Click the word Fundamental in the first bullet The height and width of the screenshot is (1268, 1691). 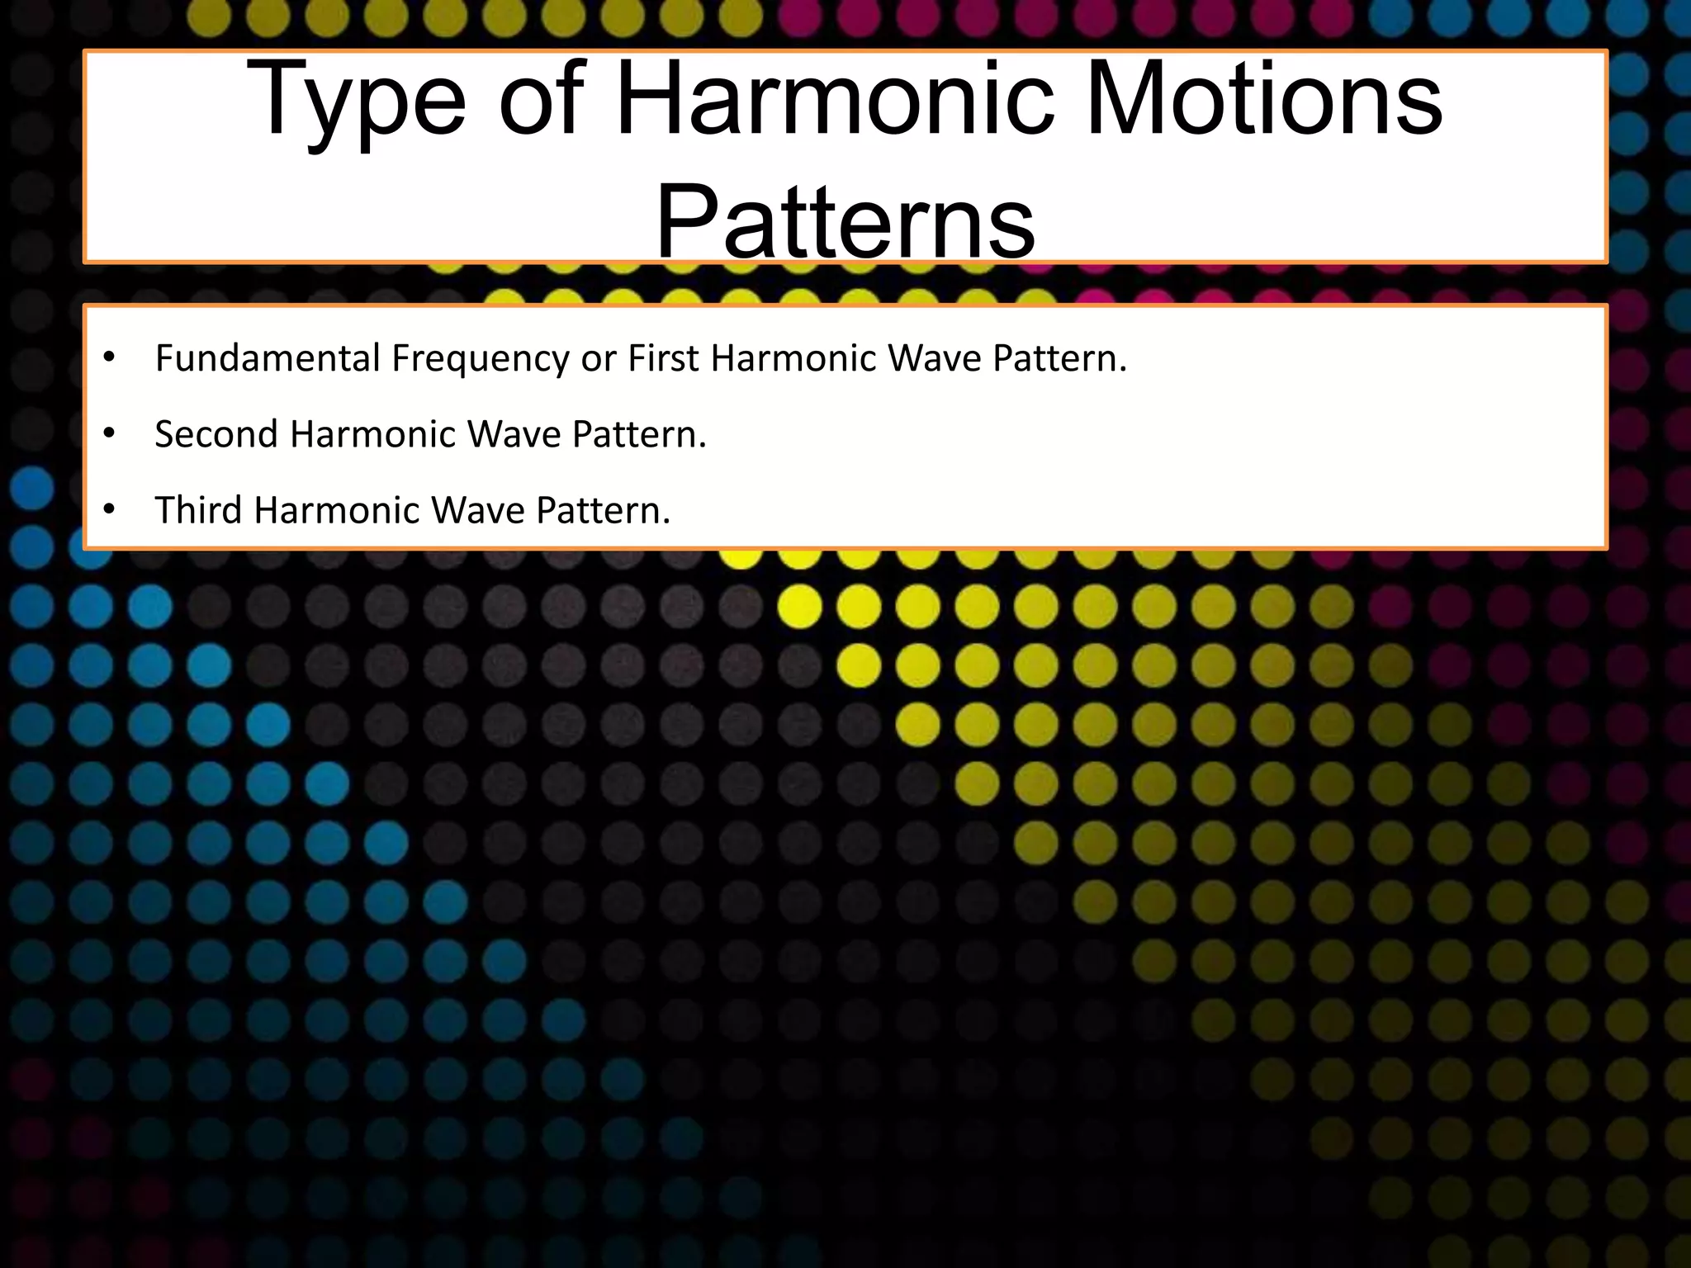click(268, 358)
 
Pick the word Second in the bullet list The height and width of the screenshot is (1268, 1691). click(216, 434)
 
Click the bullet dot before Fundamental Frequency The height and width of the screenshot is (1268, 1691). click(109, 358)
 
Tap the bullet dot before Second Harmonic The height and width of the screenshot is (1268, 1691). click(109, 434)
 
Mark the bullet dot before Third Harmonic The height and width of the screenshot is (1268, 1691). click(109, 510)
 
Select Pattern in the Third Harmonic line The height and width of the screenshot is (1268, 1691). click(603, 510)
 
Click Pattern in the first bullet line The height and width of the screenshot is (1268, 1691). click(1059, 358)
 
